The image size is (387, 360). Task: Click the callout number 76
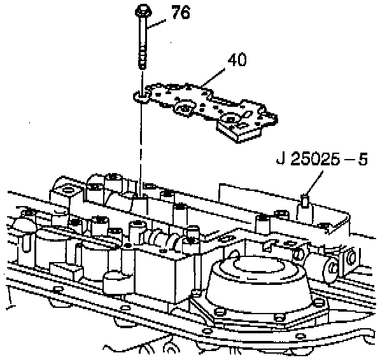click(x=181, y=13)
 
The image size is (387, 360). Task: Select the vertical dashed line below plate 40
click(x=139, y=146)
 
